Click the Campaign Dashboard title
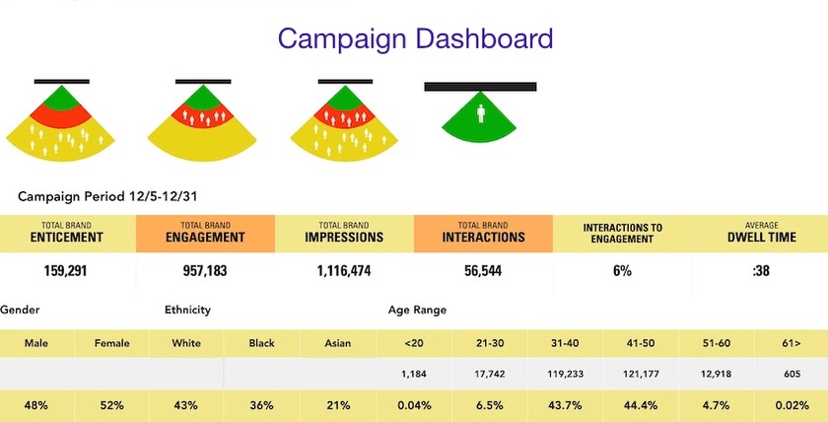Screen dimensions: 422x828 point(415,38)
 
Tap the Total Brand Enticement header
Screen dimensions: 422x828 point(68,232)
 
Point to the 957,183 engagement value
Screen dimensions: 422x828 point(205,270)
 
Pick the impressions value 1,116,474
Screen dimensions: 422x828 point(344,270)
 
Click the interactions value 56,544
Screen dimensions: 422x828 point(483,270)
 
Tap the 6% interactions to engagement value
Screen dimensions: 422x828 point(622,270)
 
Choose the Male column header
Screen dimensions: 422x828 point(37,343)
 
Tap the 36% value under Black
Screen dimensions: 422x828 point(261,405)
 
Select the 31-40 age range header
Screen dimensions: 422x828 point(567,343)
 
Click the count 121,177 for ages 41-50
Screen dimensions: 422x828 point(642,374)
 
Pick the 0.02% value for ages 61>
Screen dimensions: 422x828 point(792,405)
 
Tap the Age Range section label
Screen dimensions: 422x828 point(417,310)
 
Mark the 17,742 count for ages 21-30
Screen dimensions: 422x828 point(490,374)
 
